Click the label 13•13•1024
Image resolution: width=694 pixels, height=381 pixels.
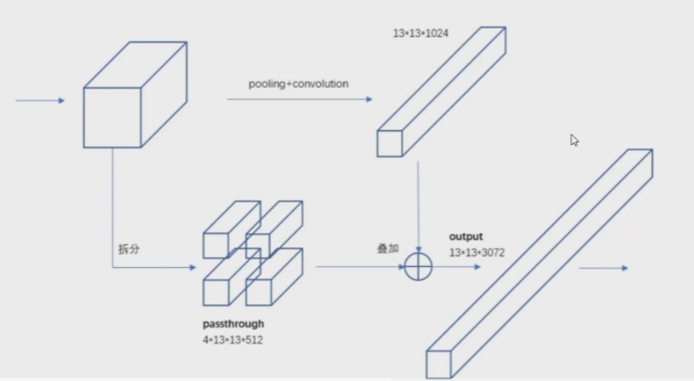point(420,33)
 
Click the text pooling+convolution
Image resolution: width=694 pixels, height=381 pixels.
point(298,84)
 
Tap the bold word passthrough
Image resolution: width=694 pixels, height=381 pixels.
point(233,324)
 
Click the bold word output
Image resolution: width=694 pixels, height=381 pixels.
point(466,237)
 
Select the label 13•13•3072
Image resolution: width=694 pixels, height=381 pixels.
point(477,251)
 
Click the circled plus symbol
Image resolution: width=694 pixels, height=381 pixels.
point(418,267)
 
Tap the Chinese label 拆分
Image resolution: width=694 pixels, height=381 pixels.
point(128,249)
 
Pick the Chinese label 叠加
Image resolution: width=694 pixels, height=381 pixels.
point(387,250)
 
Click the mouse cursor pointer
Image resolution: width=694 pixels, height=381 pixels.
point(574,140)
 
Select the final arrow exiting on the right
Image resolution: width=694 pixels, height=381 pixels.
point(603,268)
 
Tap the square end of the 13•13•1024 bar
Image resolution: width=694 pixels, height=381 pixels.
point(390,143)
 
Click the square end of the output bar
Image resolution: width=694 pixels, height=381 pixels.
point(439,364)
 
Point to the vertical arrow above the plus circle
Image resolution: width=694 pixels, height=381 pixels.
point(419,202)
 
